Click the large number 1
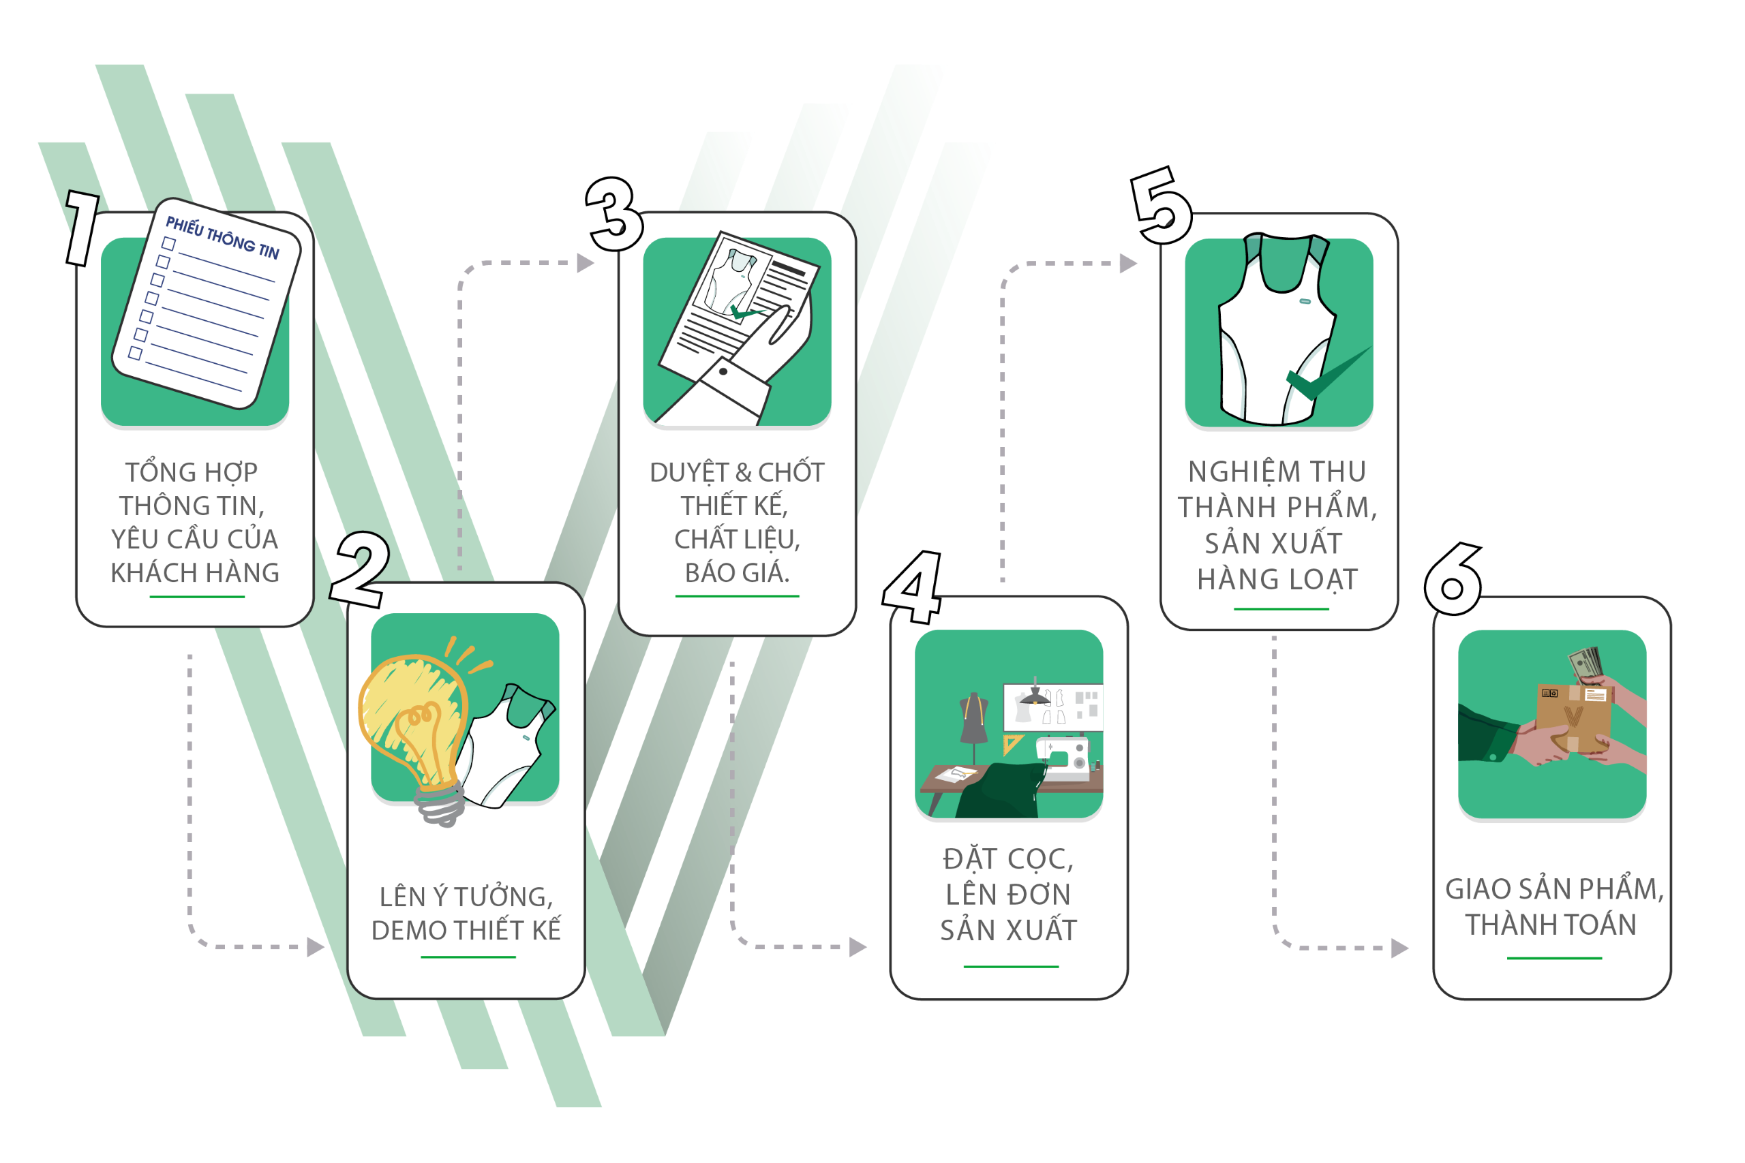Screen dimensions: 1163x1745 coord(83,227)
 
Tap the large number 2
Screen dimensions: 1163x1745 coord(361,570)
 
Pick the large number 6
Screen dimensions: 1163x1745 coord(1453,580)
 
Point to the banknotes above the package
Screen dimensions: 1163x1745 coord(1585,662)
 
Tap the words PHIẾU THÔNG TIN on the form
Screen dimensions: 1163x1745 coord(222,237)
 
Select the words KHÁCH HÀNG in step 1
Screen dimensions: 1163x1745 coord(195,572)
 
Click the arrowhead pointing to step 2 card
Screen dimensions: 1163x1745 coord(316,947)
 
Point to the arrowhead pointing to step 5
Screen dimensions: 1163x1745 coord(1127,263)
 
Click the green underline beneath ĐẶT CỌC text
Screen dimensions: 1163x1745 coord(1010,967)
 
